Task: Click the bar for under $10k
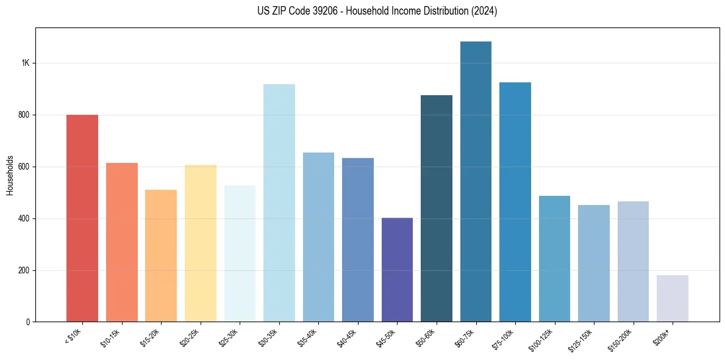[82, 218]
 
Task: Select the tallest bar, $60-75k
[476, 182]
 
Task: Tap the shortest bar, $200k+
[673, 298]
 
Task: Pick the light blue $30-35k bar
[279, 203]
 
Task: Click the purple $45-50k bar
[397, 270]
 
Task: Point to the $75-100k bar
[515, 202]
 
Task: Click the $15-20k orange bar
[161, 256]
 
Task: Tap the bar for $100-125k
[554, 259]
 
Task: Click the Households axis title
[10, 175]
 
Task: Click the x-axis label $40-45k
[348, 337]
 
